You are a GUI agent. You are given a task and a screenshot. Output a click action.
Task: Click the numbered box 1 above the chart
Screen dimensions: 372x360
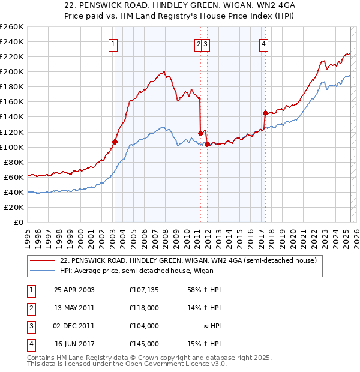[x=114, y=43]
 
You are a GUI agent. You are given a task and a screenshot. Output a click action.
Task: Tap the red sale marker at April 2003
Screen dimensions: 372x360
[x=115, y=142]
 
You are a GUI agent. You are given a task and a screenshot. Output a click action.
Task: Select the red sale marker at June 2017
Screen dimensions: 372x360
[x=265, y=113]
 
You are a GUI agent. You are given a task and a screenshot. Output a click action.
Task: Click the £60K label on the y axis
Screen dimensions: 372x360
[x=14, y=177]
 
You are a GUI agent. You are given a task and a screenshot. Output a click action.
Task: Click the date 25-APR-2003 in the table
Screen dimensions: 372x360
[x=74, y=290]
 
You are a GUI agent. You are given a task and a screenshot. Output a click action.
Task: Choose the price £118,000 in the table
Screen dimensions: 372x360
[x=144, y=308]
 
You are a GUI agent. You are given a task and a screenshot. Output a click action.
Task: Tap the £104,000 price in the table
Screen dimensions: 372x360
[x=144, y=326]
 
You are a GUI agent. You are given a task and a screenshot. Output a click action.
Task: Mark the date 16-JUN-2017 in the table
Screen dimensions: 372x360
[x=74, y=344]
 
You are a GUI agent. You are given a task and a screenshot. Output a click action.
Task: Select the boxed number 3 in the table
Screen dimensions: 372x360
[x=30, y=326]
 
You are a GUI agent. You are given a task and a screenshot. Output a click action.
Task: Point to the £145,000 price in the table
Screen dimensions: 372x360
[x=144, y=344]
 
